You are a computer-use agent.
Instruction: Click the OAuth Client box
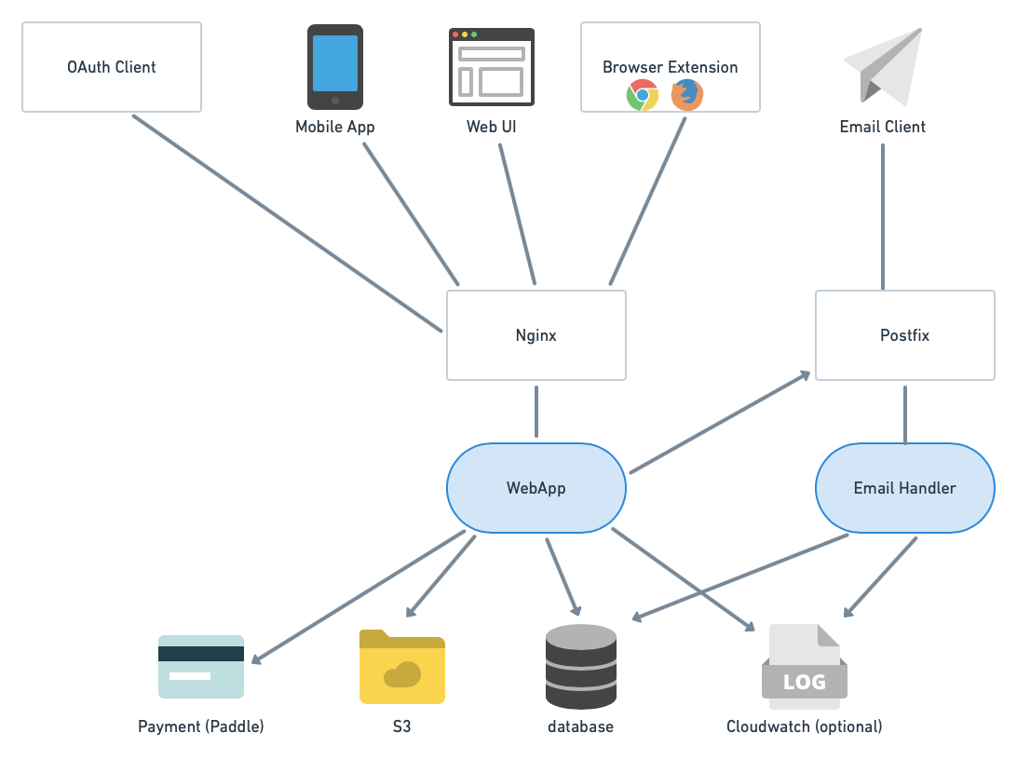coord(112,67)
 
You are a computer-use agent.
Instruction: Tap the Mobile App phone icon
coord(335,67)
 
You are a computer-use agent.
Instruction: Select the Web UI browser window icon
coord(492,66)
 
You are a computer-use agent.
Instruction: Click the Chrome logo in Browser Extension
coord(643,95)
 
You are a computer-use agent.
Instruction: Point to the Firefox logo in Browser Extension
coord(687,95)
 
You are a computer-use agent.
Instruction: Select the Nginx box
coord(536,335)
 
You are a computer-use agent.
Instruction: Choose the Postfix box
coord(905,335)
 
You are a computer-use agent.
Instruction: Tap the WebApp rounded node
coord(536,488)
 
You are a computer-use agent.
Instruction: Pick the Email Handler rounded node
coord(905,488)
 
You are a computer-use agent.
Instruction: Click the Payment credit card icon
coord(201,667)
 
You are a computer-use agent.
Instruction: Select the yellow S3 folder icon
coord(402,667)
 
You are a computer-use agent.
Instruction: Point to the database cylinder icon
coord(581,667)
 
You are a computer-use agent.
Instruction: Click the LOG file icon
coord(805,667)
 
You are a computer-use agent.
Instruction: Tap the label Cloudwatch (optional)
coord(805,726)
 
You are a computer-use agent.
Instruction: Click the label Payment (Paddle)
coord(201,726)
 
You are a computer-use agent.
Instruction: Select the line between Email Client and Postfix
coord(883,216)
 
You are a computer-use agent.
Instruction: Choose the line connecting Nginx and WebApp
coord(536,412)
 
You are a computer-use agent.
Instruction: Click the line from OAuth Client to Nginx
coord(287,223)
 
